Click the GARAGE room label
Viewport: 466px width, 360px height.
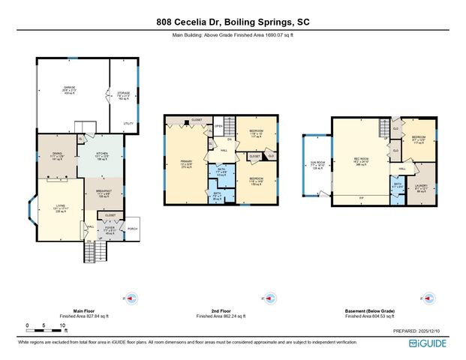(x=69, y=88)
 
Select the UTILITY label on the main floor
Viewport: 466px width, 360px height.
(x=128, y=123)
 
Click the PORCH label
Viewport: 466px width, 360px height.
(x=133, y=229)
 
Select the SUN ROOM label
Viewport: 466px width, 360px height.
(x=317, y=162)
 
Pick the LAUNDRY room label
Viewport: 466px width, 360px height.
(x=421, y=187)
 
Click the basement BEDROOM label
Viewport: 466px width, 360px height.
(x=419, y=136)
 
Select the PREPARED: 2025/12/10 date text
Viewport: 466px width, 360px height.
(x=420, y=330)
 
